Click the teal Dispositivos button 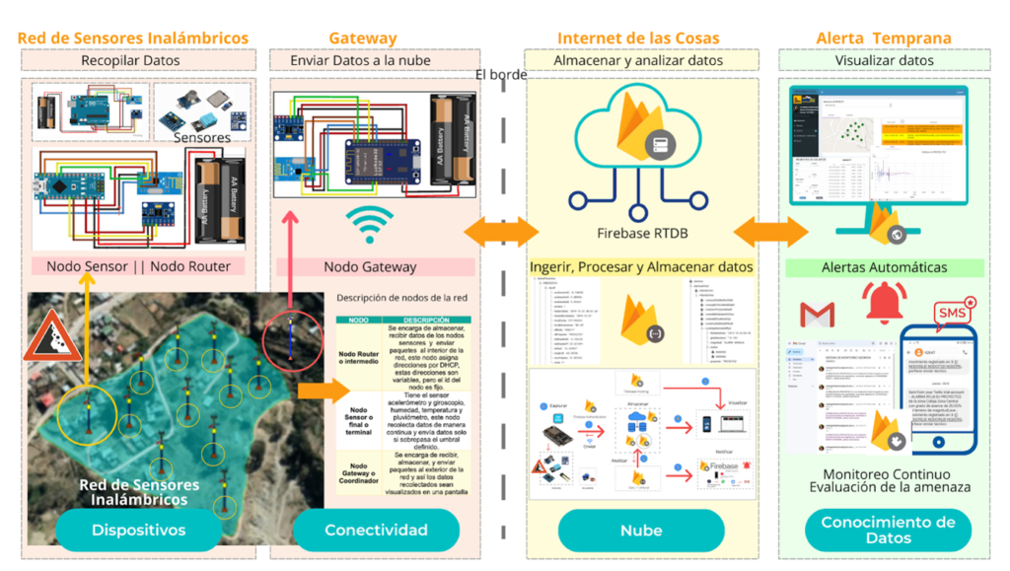tap(138, 531)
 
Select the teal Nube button tap(641, 531)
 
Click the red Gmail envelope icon tap(817, 315)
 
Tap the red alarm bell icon tap(884, 303)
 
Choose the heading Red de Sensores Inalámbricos tap(133, 38)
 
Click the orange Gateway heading tap(363, 38)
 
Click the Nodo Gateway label tap(370, 267)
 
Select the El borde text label tap(501, 75)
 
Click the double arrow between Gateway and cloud tap(502, 232)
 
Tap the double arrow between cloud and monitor tap(770, 232)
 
